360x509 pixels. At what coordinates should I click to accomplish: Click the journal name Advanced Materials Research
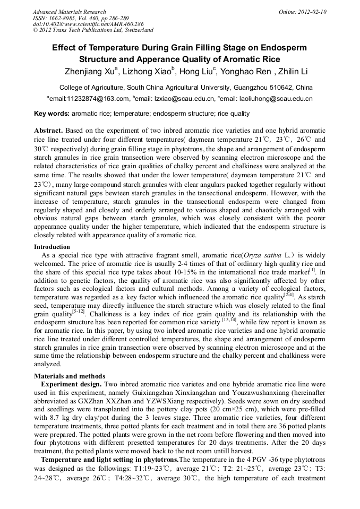point(69,12)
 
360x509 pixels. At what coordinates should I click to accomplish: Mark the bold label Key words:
point(52,114)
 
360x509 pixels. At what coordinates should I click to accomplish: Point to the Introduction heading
point(52,247)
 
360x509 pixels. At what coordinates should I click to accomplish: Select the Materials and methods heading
point(70,376)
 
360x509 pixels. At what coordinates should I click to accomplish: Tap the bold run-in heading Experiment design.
point(71,384)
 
